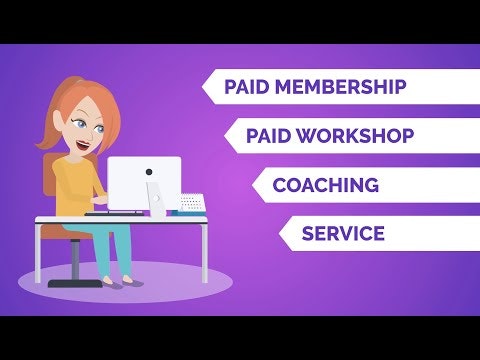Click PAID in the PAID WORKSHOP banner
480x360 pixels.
pyautogui.click(x=268, y=135)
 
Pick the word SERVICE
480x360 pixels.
pyautogui.click(x=343, y=235)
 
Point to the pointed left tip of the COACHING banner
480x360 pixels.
pyautogui.click(x=253, y=186)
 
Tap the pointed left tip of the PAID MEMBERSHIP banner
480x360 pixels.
pyautogui.click(x=203, y=87)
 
